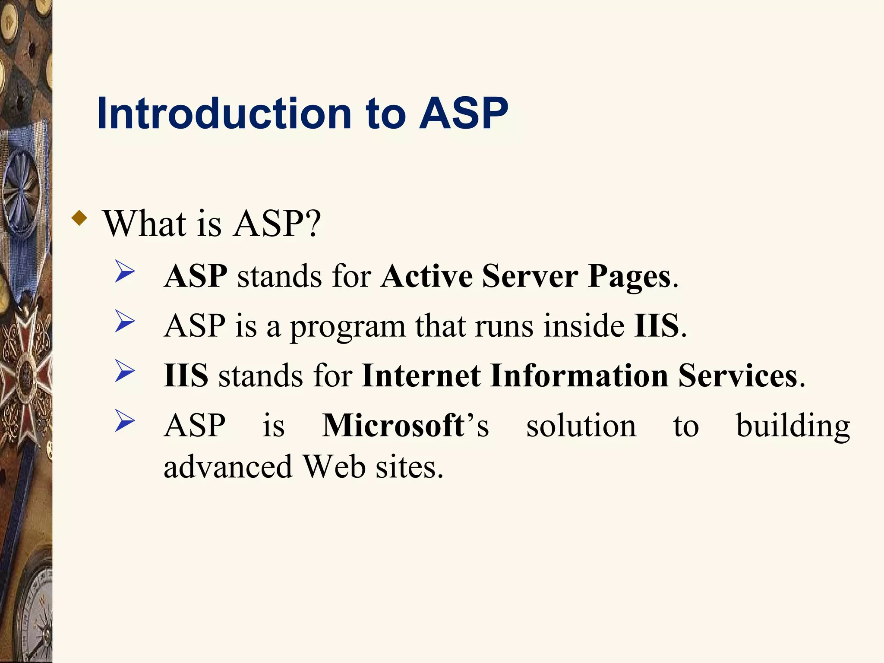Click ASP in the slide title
464,113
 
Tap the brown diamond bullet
79,218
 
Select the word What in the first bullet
144,224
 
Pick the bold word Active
426,276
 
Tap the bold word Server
530,276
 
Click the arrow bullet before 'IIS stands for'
125,372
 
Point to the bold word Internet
421,376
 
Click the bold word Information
579,376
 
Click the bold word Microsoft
393,426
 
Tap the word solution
581,426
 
